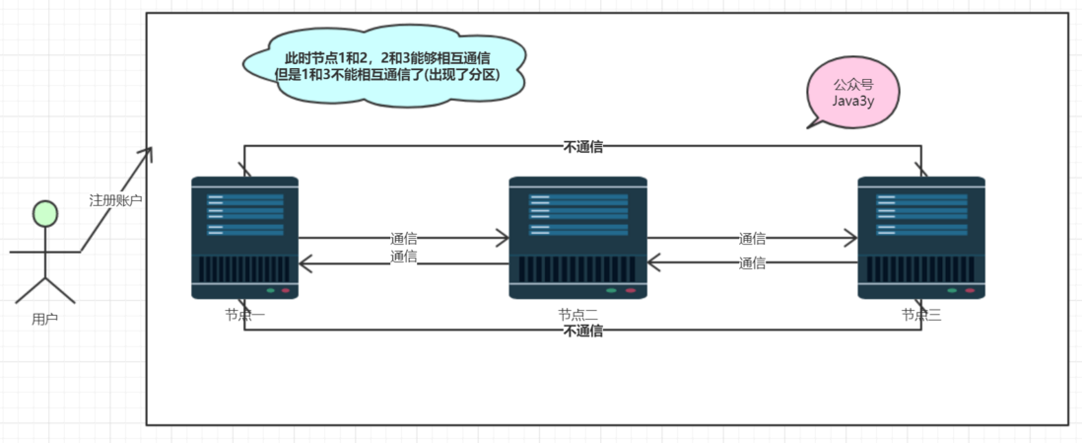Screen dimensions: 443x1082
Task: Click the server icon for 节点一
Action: click(x=244, y=238)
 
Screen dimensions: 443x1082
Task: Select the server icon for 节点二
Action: click(x=577, y=238)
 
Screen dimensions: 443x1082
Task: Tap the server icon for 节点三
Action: click(x=921, y=238)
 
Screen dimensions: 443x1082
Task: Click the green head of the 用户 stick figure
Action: click(x=44, y=213)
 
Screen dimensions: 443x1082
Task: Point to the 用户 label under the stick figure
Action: click(x=44, y=319)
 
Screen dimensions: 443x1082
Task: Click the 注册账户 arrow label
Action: click(x=116, y=200)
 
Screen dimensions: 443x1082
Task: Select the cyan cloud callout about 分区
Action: click(x=384, y=65)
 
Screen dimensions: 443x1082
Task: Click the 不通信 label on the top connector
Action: click(x=582, y=147)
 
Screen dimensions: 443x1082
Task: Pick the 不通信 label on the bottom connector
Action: click(x=582, y=332)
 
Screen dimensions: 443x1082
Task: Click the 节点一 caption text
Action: click(x=244, y=316)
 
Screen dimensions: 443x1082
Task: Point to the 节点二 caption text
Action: click(x=577, y=316)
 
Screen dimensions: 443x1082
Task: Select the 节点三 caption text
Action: click(x=921, y=316)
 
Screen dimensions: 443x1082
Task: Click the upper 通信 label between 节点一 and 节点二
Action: click(x=403, y=238)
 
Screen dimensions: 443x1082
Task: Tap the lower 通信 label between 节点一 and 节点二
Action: click(x=403, y=257)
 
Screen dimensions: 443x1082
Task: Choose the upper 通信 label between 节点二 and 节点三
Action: click(x=753, y=238)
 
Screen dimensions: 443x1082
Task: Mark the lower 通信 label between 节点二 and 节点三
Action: click(x=753, y=263)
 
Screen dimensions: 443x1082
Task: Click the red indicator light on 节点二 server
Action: click(x=630, y=291)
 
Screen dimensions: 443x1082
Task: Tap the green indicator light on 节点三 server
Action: click(x=952, y=291)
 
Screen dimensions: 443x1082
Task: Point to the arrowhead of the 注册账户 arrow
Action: click(x=151, y=151)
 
